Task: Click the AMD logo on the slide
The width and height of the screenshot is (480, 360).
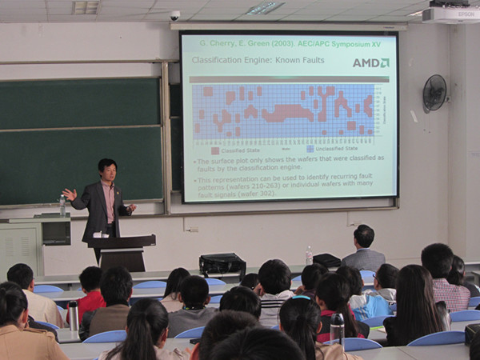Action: point(371,62)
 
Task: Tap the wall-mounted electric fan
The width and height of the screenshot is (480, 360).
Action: point(434,93)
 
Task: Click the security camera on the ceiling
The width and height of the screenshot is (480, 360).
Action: point(175,16)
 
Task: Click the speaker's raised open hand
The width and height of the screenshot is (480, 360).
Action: point(70,194)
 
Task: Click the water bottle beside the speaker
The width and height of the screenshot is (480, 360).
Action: point(62,205)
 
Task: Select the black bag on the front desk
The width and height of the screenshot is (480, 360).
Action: point(222,264)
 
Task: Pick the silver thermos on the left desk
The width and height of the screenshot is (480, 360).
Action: point(74,315)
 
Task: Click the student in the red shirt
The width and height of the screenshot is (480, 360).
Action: point(91,291)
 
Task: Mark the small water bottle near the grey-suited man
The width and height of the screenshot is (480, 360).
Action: point(309,255)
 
